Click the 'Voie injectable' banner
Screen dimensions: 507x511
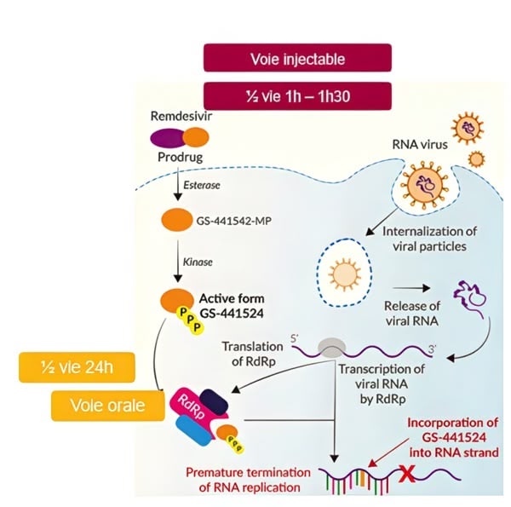[x=297, y=58]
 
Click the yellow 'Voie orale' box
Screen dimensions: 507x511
[x=108, y=405]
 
